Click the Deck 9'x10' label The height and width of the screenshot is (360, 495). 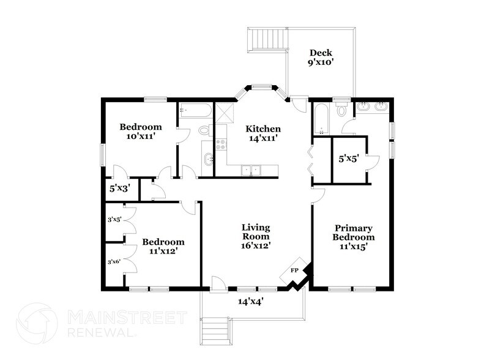[x=320, y=57]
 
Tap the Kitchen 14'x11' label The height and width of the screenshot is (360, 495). [x=263, y=133]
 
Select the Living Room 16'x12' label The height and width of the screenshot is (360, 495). [x=256, y=236]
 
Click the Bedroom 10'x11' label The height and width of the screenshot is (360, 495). [x=136, y=132]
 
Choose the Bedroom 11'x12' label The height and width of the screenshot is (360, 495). [x=163, y=246]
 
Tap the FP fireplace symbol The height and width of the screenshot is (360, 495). [x=294, y=270]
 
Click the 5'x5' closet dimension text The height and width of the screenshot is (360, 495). [x=349, y=159]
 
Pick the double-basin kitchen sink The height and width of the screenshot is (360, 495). [x=251, y=170]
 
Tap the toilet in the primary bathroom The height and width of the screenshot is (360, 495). [x=343, y=111]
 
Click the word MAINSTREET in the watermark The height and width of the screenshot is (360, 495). [x=126, y=317]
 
